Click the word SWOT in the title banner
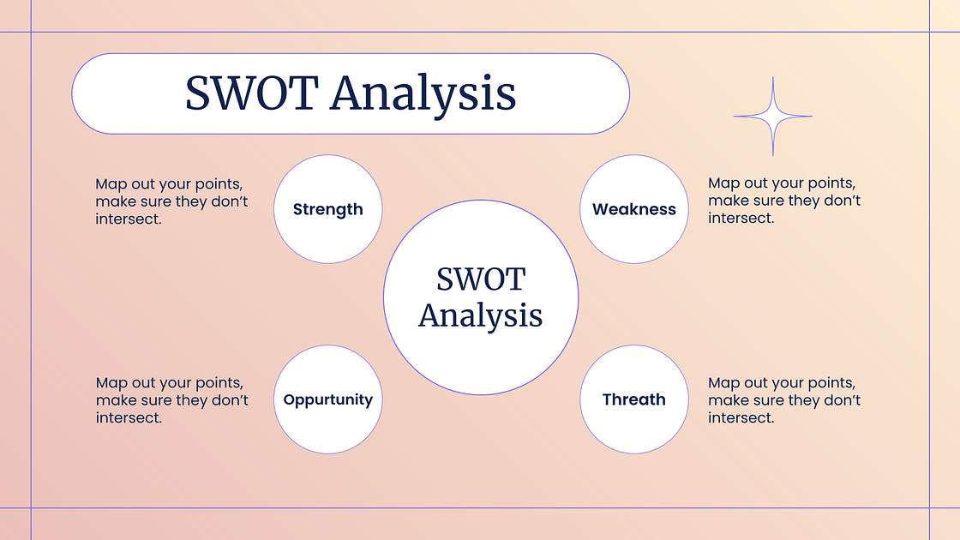[x=252, y=93]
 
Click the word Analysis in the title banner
[x=423, y=95]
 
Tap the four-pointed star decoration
[x=772, y=117]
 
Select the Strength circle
[x=328, y=209]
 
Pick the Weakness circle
[x=634, y=209]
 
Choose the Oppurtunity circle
[x=328, y=399]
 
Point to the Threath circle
[x=634, y=399]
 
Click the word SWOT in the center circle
[x=481, y=279]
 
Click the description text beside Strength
[x=171, y=201]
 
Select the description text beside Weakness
[x=784, y=201]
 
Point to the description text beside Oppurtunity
[x=172, y=399]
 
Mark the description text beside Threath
[x=784, y=399]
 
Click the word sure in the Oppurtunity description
[x=156, y=400]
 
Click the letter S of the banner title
[x=198, y=93]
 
